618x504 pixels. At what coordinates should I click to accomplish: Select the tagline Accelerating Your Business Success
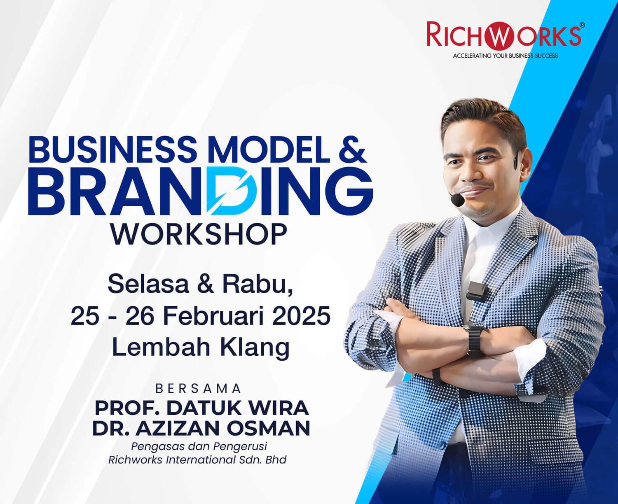pyautogui.click(x=506, y=56)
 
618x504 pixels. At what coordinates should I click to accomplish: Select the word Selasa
pyautogui.click(x=148, y=284)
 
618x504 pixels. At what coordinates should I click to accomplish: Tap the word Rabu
pyautogui.click(x=257, y=285)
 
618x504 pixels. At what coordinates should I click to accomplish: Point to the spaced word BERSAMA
pyautogui.click(x=198, y=389)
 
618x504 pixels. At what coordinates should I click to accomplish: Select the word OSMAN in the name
pyautogui.click(x=268, y=428)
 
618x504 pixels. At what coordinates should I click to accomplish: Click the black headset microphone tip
pyautogui.click(x=457, y=200)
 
